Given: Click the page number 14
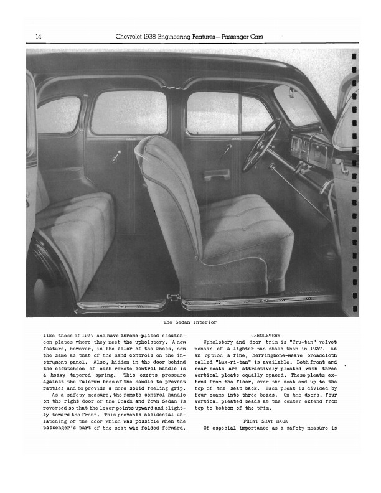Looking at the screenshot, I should [39, 37].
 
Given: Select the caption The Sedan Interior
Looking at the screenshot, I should [190, 322].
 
